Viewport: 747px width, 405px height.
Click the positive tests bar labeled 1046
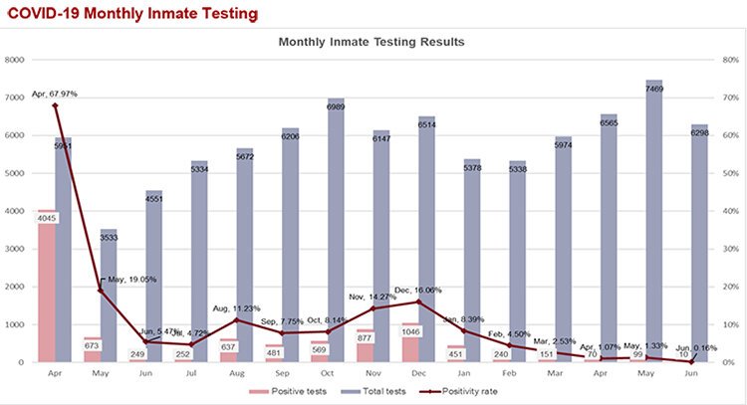410,349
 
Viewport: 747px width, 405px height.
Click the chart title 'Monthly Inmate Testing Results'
371,43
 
